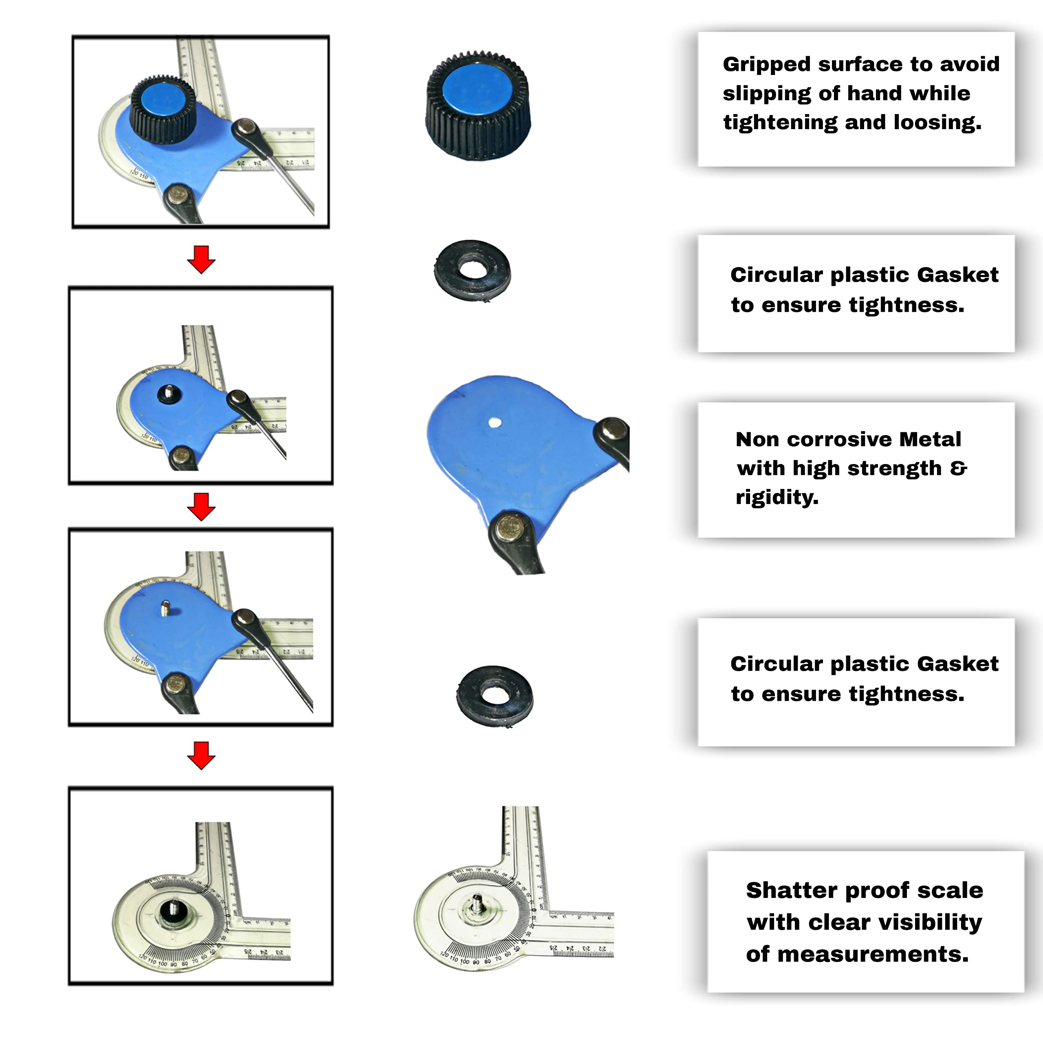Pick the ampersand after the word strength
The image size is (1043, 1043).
click(958, 468)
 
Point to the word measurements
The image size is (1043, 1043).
click(873, 954)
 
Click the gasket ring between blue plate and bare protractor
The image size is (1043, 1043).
click(494, 695)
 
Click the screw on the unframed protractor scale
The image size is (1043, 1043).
click(477, 901)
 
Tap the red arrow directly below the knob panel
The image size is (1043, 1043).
click(201, 259)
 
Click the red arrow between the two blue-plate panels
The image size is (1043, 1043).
click(201, 506)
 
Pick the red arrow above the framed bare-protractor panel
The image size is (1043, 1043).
click(201, 755)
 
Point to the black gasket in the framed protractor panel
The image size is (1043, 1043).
click(174, 911)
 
